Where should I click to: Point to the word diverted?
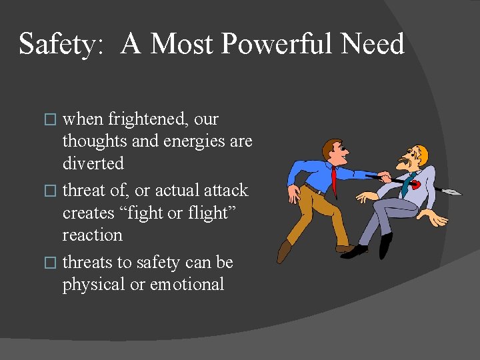93,163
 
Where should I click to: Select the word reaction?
93,235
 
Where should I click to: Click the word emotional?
187,284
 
